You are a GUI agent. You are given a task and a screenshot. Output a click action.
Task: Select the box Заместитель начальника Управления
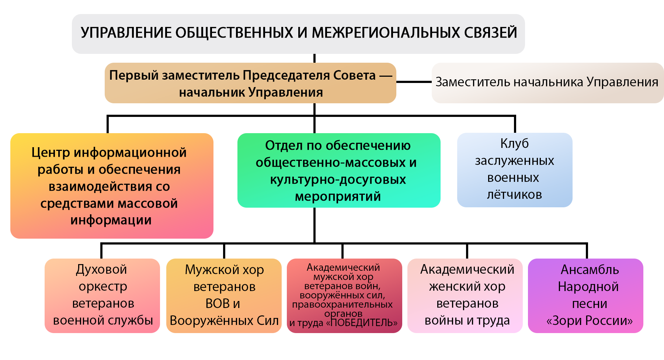pos(547,83)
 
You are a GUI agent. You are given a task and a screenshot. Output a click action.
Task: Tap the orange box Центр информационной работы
pos(112,186)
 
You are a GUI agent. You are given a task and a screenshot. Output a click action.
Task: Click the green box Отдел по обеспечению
pos(339,170)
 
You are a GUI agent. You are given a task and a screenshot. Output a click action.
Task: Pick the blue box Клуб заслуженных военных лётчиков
pos(515,170)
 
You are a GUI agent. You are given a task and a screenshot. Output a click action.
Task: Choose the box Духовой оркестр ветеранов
pos(102,295)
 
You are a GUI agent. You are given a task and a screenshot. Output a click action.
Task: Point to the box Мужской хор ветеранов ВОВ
pos(224,295)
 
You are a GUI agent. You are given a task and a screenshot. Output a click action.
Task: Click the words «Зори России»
pos(590,321)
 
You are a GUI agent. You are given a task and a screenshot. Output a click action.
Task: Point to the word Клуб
pos(514,143)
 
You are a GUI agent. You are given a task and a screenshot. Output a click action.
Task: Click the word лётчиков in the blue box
pos(514,194)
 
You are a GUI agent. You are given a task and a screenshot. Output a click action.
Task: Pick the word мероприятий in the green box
pos(338,196)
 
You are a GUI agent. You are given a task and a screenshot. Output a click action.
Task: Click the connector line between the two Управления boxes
pos(414,82)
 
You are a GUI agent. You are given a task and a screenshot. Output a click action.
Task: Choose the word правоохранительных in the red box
pos(342,305)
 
